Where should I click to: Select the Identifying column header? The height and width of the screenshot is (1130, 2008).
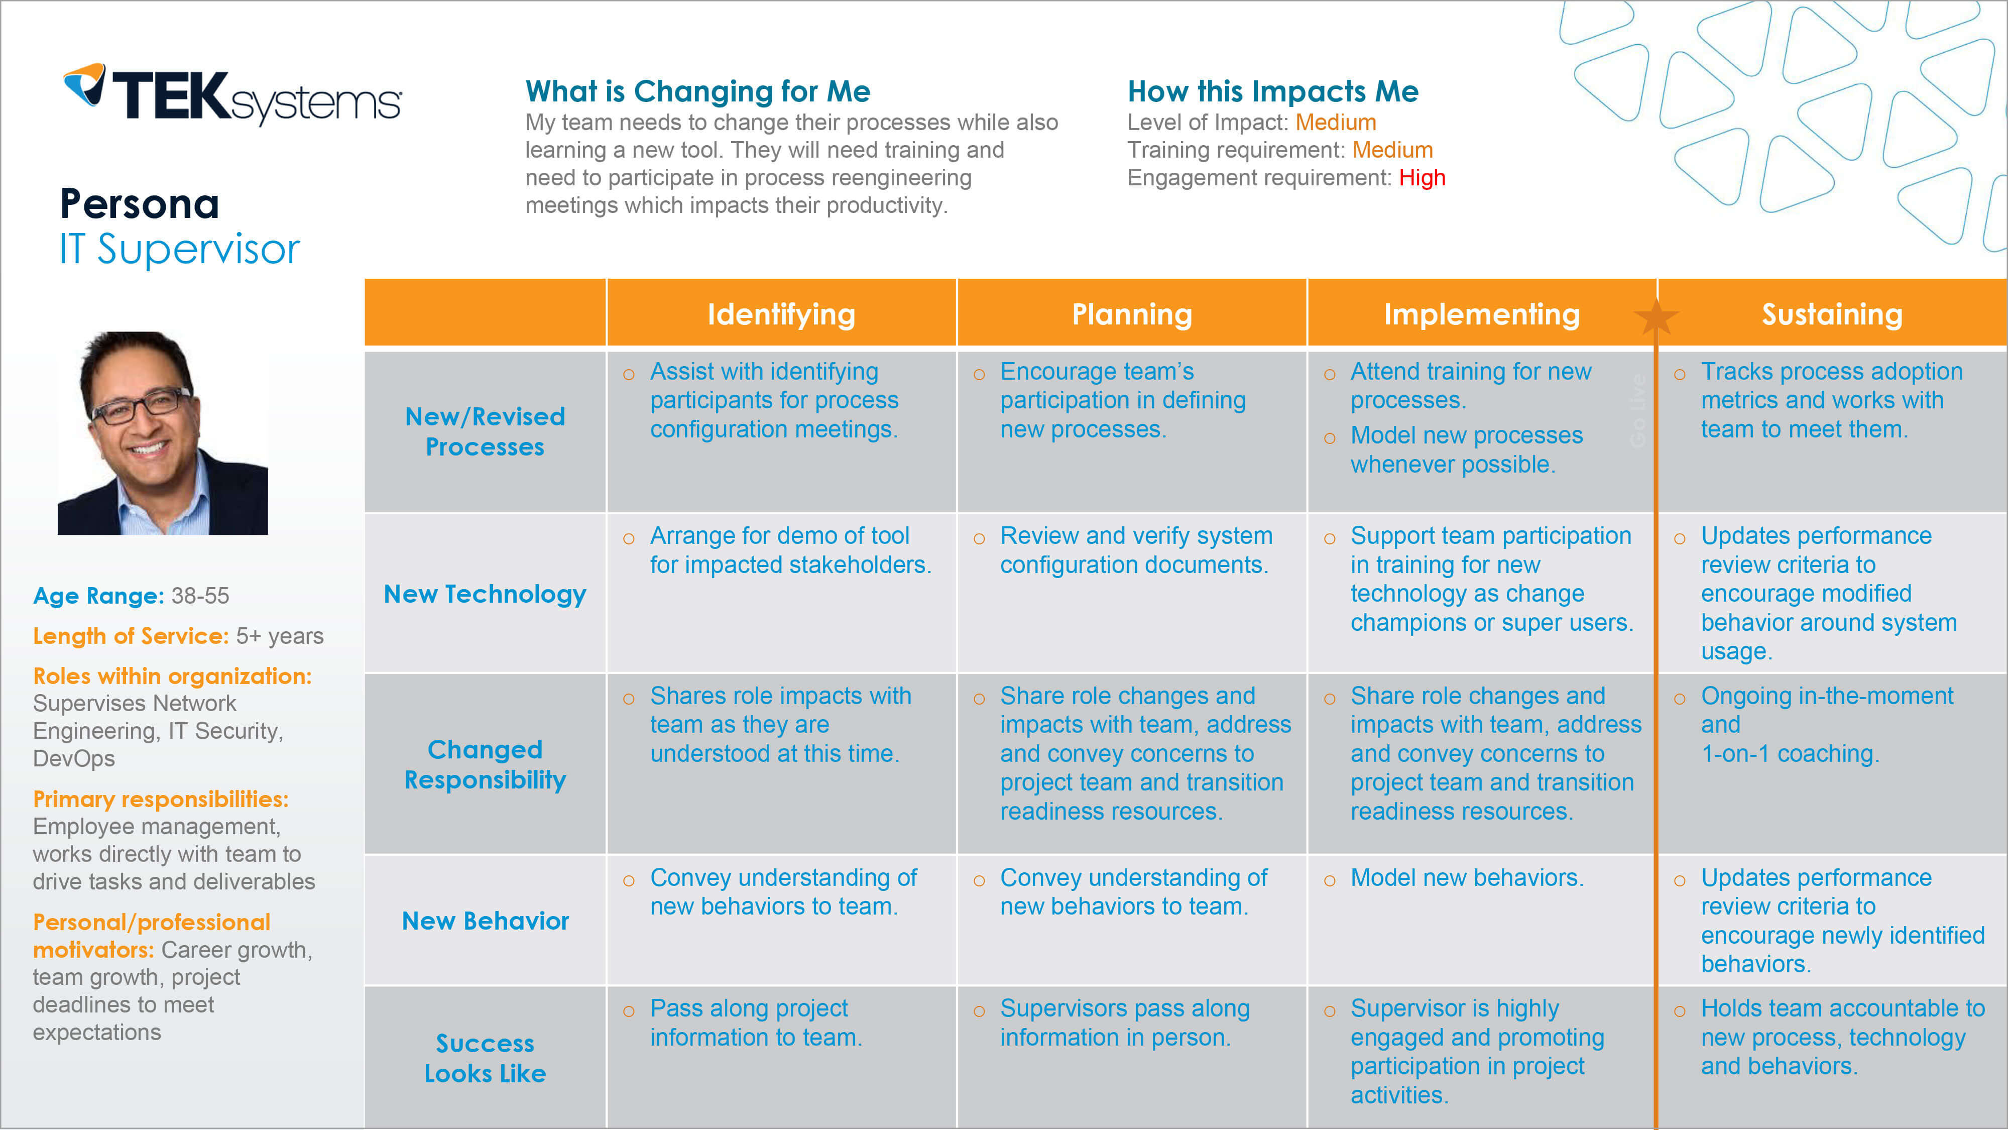(x=781, y=314)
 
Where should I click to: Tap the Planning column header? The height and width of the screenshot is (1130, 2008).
(x=1132, y=314)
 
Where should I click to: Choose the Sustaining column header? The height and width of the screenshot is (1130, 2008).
(x=1832, y=314)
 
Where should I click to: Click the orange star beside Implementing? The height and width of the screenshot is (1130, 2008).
(x=1656, y=316)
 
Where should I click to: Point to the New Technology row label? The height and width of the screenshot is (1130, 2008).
(x=485, y=594)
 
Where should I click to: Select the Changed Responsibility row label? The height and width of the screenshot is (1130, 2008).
(x=485, y=764)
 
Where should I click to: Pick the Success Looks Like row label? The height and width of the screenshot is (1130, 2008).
(x=485, y=1058)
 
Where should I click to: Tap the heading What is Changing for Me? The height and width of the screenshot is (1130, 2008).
(x=697, y=91)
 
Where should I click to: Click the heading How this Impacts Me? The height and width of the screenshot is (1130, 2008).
(x=1273, y=91)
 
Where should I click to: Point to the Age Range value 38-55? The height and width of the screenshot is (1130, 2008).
(x=200, y=596)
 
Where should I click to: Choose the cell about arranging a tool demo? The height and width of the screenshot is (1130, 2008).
(x=790, y=550)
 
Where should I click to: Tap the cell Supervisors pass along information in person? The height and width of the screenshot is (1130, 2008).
(x=1124, y=1023)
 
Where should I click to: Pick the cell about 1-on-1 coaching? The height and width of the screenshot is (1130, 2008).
(x=1827, y=725)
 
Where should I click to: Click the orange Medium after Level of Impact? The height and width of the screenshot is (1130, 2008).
(x=1335, y=123)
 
